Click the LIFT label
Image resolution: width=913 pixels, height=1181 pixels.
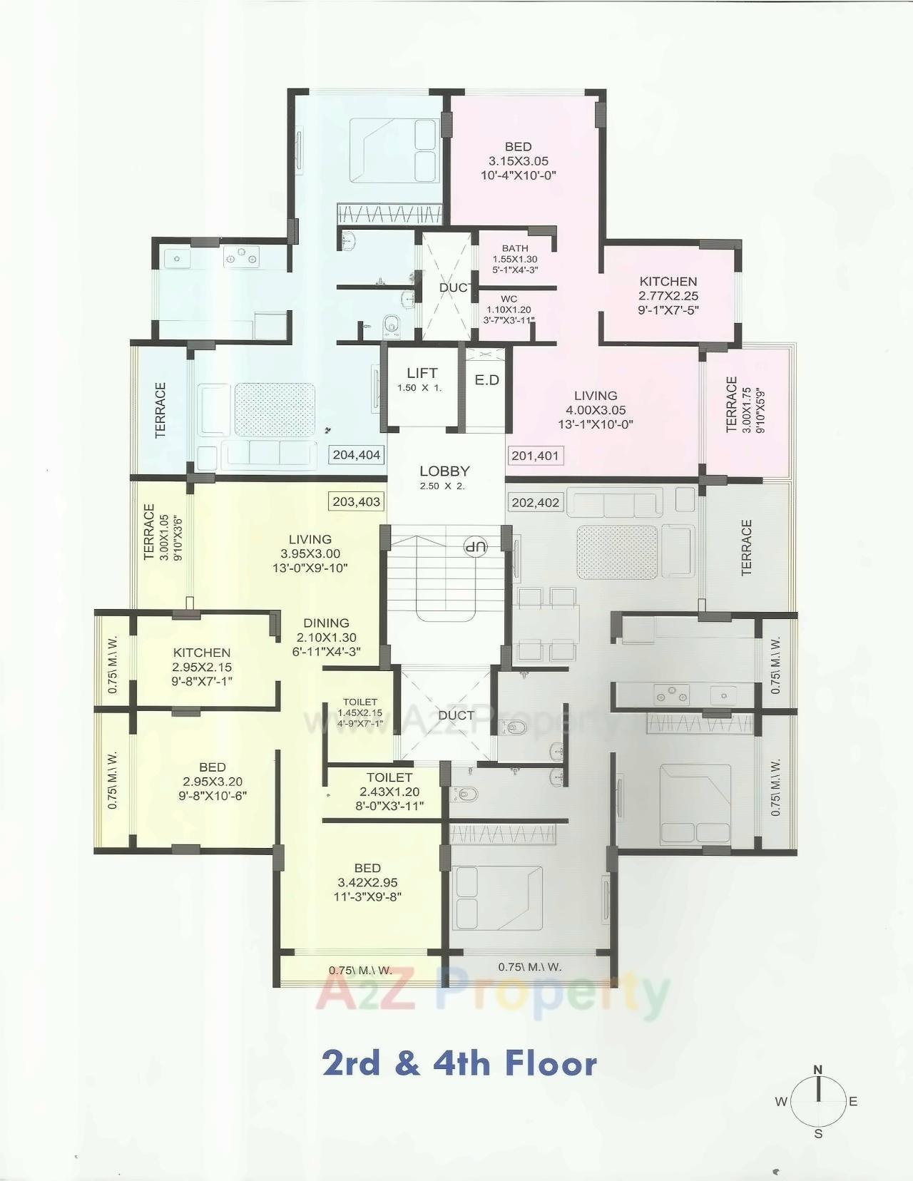click(x=422, y=373)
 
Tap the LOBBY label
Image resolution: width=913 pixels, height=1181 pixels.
click(x=444, y=471)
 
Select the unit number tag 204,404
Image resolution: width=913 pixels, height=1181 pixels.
click(x=357, y=455)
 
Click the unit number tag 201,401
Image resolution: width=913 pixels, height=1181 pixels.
click(x=535, y=456)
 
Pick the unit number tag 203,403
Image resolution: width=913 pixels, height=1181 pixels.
click(x=357, y=502)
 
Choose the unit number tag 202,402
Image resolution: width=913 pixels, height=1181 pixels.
click(x=536, y=503)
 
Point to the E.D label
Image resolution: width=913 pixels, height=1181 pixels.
click(x=487, y=380)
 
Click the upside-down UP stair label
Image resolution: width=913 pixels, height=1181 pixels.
click(x=475, y=548)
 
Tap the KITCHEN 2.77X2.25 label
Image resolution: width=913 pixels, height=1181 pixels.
click(x=668, y=295)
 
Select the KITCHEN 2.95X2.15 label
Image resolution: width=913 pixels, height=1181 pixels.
click(x=202, y=667)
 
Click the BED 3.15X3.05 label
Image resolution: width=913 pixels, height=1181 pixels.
click(x=519, y=161)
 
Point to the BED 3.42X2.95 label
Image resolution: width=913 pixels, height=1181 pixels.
click(x=367, y=882)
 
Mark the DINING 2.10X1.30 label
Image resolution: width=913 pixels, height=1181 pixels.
click(x=326, y=637)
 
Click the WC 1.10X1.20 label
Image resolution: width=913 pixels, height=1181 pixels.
click(x=509, y=310)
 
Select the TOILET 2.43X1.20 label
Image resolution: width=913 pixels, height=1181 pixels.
click(x=389, y=791)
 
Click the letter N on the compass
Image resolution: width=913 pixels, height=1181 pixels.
click(x=818, y=1069)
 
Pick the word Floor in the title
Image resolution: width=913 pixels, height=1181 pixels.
click(x=551, y=1063)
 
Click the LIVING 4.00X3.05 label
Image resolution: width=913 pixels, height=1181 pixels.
click(x=596, y=409)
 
